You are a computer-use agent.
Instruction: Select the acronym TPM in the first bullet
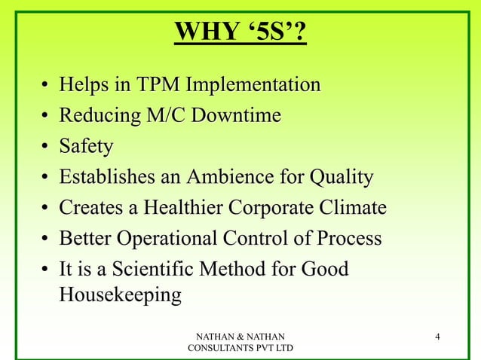(x=158, y=85)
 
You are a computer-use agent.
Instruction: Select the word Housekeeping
(x=120, y=295)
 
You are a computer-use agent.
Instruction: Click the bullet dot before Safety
(x=46, y=148)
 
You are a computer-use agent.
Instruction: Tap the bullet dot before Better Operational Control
(x=46, y=240)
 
